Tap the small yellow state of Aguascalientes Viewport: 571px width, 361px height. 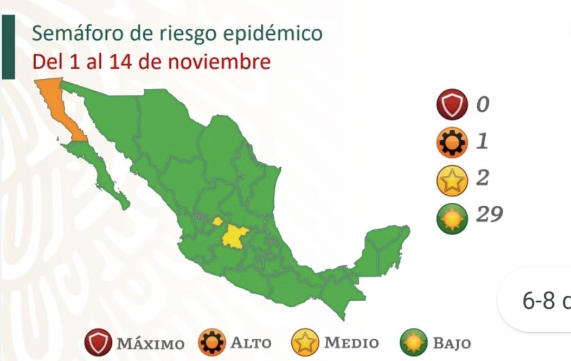[x=217, y=221]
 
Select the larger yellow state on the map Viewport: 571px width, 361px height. [x=235, y=236]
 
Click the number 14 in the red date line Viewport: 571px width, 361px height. [x=121, y=62]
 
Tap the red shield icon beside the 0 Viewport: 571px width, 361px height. [x=451, y=104]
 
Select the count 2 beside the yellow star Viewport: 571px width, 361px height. [x=482, y=178]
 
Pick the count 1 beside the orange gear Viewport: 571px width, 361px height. [x=482, y=141]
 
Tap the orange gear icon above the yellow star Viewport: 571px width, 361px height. [x=451, y=142]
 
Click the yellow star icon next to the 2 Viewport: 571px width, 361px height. [x=451, y=180]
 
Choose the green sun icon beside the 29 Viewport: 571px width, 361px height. [x=451, y=218]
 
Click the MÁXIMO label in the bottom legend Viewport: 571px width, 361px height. [x=150, y=344]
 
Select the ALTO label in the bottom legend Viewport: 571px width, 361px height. [x=251, y=344]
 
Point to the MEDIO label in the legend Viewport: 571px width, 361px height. [x=351, y=344]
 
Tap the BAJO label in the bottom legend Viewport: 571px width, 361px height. [x=451, y=344]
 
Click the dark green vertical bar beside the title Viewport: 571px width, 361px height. [x=8, y=47]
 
